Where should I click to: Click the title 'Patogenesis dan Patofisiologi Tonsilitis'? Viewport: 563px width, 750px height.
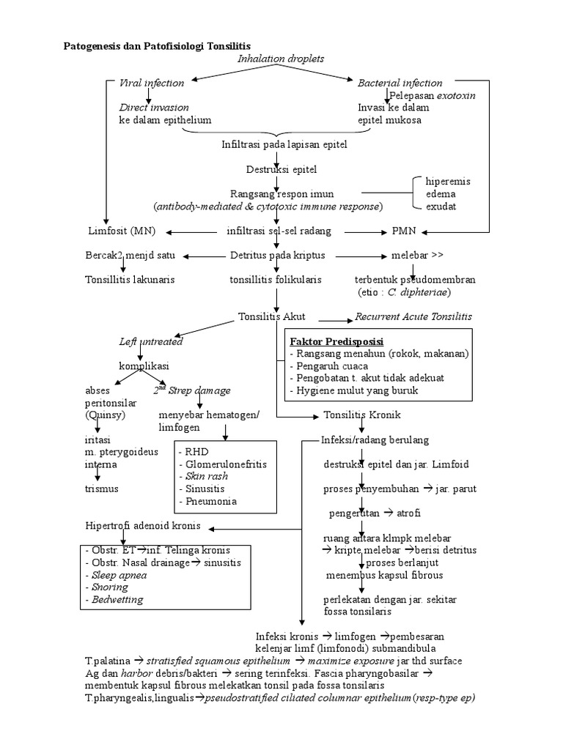[156, 45]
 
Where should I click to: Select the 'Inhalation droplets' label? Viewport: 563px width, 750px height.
[281, 58]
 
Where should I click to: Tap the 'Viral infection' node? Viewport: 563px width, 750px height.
[152, 83]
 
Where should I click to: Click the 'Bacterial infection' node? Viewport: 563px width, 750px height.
[400, 83]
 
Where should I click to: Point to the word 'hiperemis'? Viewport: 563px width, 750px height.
[448, 181]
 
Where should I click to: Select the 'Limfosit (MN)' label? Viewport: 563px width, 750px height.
[117, 231]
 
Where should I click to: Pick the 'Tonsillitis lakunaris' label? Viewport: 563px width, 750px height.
[130, 280]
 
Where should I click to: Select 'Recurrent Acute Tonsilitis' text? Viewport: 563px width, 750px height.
[413, 316]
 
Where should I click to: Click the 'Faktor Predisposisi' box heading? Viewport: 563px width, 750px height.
[336, 342]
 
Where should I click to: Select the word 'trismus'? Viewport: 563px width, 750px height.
[101, 489]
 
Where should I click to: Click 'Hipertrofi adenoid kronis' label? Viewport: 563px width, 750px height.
[143, 526]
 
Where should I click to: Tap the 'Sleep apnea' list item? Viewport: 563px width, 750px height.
[119, 575]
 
